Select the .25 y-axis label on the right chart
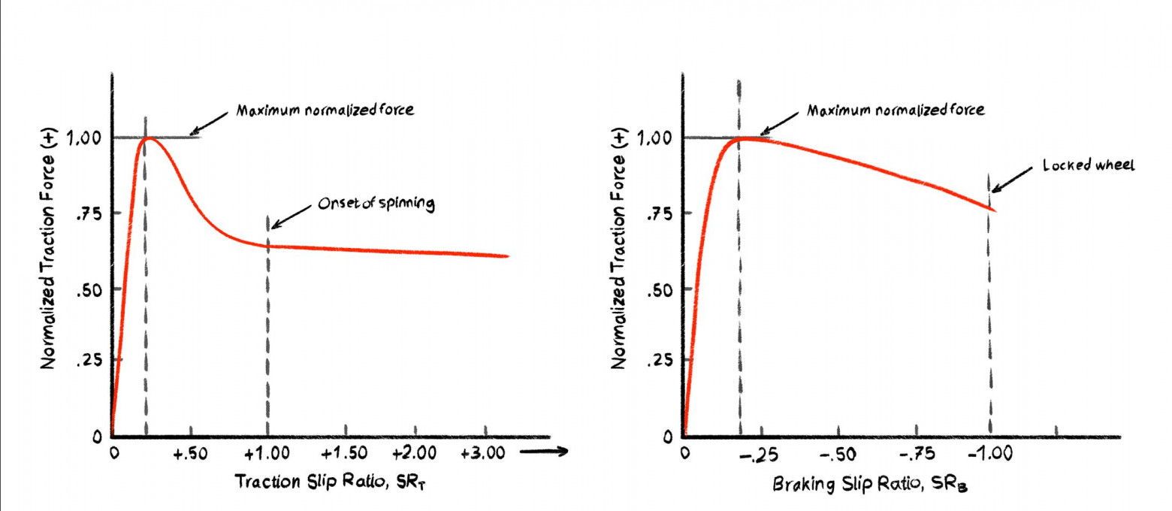pyautogui.click(x=658, y=361)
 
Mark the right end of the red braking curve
pyautogui.click(x=995, y=209)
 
